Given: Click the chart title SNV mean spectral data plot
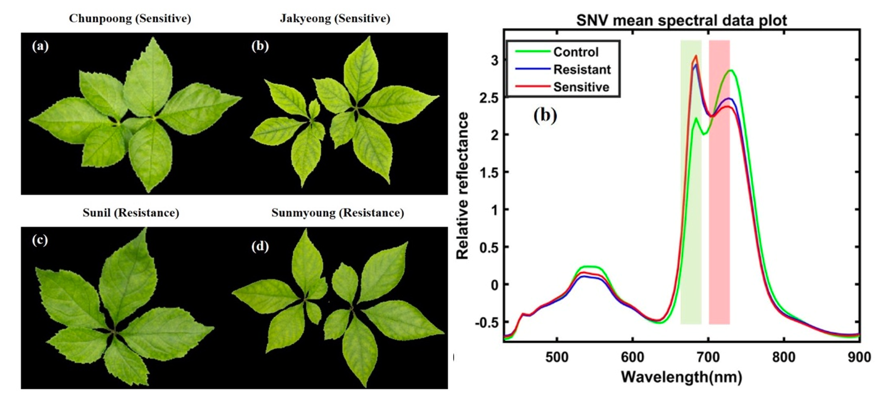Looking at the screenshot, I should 681,21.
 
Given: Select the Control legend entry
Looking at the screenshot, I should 575,52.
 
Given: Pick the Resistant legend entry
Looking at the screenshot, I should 581,69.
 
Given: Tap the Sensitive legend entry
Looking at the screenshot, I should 581,87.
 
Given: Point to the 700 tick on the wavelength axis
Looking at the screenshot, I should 708,357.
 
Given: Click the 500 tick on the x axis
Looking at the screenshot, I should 556,357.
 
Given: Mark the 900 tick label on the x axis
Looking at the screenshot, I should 859,357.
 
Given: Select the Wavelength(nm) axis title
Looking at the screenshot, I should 681,378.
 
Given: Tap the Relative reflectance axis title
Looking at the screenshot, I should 463,186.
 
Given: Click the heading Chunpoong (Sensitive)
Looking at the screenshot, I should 130,18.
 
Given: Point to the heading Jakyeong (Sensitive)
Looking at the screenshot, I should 335,18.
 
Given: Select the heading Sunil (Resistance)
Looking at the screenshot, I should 131,212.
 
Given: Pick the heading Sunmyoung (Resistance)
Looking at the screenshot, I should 337,212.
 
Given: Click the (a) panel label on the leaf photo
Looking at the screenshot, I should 40,45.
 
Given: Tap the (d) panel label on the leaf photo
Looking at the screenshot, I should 260,246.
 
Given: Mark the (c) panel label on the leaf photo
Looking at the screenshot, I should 40,240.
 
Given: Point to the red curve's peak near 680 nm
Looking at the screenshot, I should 696,55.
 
